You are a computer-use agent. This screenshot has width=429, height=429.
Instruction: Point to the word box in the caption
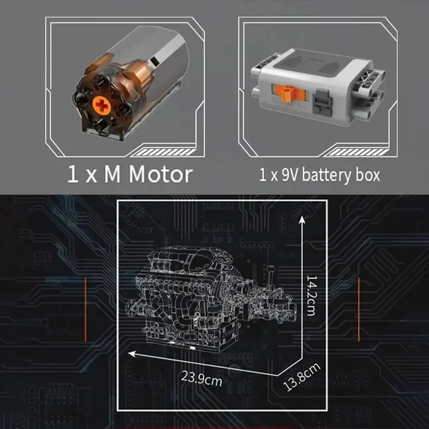[x=367, y=175]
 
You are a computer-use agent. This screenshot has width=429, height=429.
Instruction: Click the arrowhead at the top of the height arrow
[x=302, y=219]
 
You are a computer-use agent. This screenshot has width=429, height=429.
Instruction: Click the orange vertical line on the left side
[x=86, y=310]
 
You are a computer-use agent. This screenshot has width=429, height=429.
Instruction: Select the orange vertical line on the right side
[x=358, y=310]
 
